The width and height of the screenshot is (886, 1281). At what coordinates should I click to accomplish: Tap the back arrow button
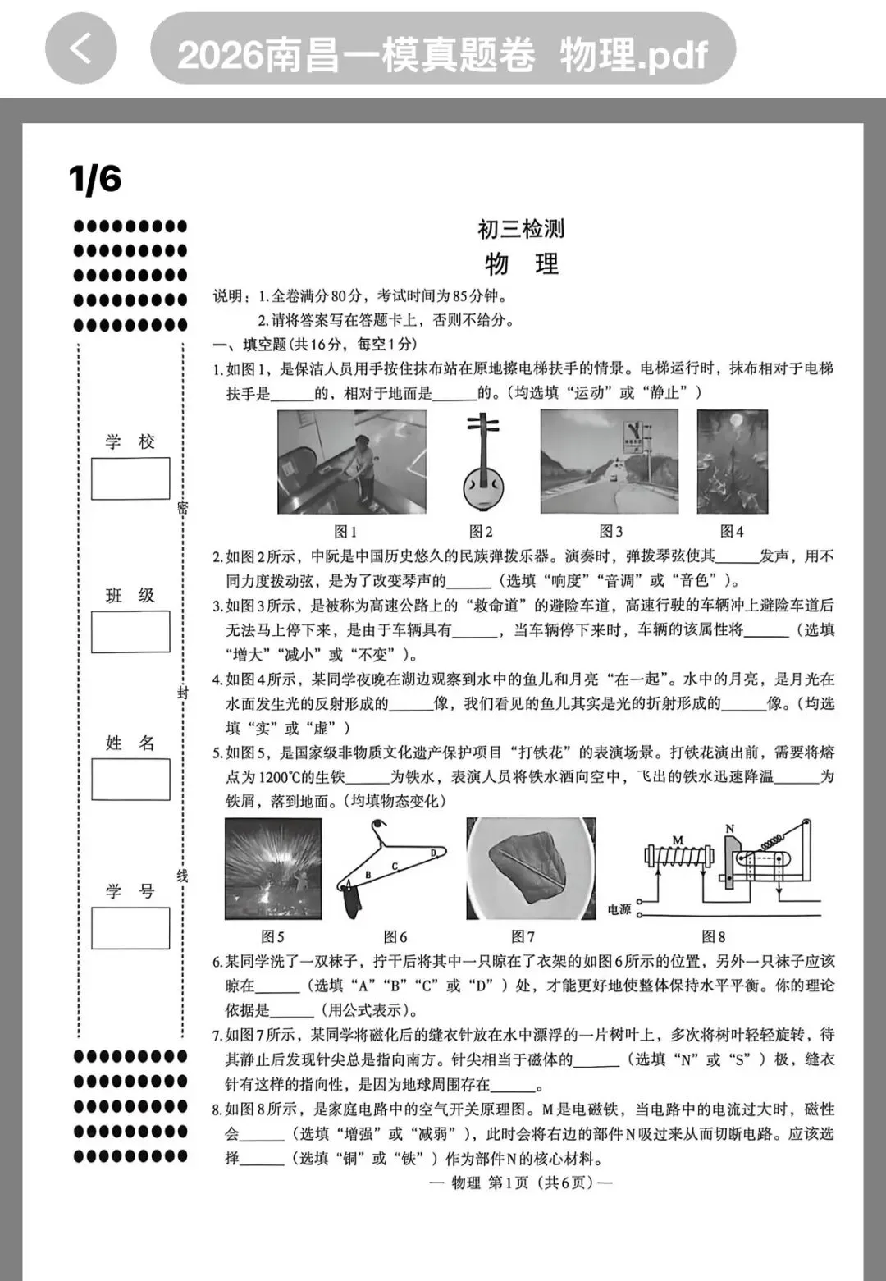pos(80,48)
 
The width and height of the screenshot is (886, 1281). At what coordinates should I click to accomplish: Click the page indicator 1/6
pos(95,179)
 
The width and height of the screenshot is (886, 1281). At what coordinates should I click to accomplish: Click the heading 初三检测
pos(521,229)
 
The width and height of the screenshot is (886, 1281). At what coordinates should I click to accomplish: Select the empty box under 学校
pos(130,478)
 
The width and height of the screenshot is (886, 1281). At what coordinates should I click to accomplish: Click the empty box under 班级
pos(130,632)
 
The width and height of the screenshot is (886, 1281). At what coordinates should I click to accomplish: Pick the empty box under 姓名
pos(130,780)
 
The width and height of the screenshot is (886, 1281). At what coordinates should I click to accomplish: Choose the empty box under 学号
pos(130,928)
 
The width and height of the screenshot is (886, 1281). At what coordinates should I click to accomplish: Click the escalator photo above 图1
pos(351,462)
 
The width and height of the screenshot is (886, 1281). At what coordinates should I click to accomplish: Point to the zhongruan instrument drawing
pos(482,463)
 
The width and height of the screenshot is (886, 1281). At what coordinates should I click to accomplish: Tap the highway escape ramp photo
pos(609,462)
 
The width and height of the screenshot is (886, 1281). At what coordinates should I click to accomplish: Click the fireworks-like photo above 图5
pos(273,869)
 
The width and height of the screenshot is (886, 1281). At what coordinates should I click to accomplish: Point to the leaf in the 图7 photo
pos(532,867)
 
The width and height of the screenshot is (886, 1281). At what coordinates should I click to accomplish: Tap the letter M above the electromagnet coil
pos(678,840)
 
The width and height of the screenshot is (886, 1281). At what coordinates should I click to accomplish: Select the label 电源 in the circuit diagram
pos(619,909)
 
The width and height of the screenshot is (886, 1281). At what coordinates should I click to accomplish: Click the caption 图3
pos(610,532)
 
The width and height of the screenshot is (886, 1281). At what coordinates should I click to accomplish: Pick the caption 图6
pos(395,937)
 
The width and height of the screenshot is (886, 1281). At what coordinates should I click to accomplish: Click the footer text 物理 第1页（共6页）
pos(520,1183)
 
